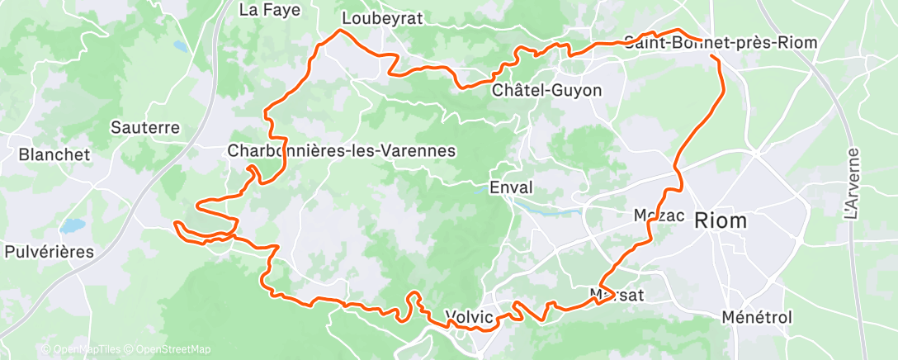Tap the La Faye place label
(269, 10)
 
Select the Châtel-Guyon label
(546, 90)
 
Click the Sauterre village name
(145, 128)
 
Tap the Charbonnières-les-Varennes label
(342, 151)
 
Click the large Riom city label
(721, 220)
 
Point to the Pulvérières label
(50, 252)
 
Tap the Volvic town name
(469, 316)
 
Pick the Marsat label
(617, 295)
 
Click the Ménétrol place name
(756, 318)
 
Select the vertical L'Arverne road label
(853, 183)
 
